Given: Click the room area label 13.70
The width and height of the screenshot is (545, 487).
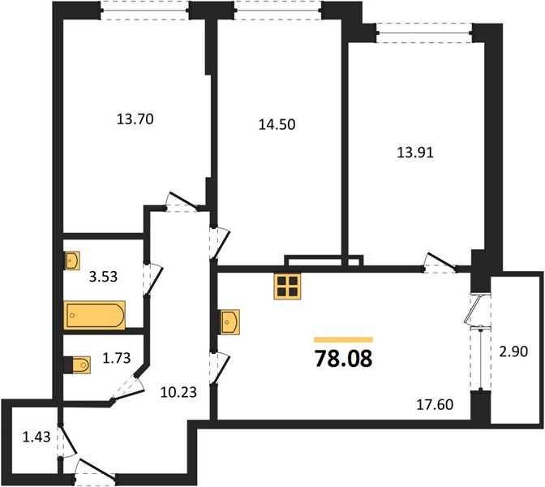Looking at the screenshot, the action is point(135,119).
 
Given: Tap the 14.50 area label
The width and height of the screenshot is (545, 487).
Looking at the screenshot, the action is point(277,124).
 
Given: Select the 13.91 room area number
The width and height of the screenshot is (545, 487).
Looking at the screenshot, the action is point(415,153).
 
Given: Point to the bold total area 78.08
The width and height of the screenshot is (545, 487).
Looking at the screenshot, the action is point(343,359).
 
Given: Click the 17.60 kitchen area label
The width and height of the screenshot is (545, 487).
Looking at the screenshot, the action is point(435,404).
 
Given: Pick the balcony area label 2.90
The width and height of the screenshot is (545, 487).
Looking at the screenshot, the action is point(513,351).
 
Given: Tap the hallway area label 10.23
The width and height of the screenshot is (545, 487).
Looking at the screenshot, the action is point(178,392).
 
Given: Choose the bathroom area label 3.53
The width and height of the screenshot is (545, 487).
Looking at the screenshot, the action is point(103,277).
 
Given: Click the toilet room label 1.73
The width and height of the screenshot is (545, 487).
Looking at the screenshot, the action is point(117,358).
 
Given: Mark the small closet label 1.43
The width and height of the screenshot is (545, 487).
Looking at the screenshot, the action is point(36,437).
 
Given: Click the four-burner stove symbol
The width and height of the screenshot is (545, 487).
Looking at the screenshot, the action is point(287,286).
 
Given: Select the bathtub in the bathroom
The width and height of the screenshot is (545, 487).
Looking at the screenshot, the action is point(95,315).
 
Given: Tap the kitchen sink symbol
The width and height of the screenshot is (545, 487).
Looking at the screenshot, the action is point(229,322).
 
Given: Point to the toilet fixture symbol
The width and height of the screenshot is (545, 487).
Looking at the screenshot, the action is point(78,365).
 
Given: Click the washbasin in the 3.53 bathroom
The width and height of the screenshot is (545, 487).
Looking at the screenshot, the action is point(72,261).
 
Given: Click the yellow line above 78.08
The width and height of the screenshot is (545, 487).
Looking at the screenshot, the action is point(343,340).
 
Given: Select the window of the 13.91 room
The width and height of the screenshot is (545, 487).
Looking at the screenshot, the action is point(424,33).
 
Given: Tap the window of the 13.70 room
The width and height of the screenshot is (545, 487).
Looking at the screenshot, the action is point(145,10).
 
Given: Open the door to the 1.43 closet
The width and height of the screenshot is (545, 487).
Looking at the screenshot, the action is point(67,441).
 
